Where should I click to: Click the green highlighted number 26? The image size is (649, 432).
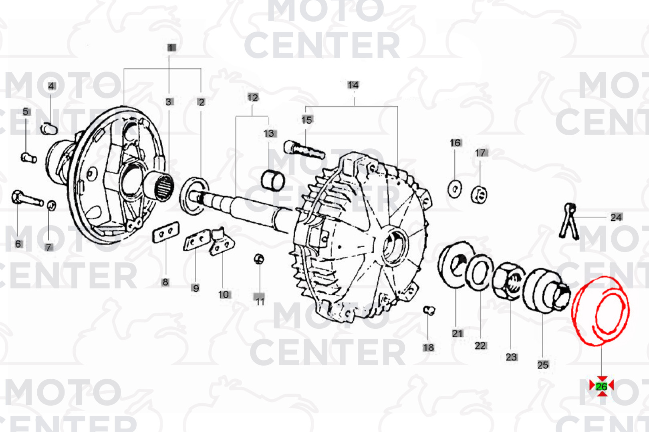pos(601,386)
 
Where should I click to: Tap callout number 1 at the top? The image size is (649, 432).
pos(171,48)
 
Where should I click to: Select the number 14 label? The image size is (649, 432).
pos(353,85)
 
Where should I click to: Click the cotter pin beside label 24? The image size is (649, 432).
pos(569,222)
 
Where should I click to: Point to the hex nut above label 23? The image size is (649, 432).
pos(508,281)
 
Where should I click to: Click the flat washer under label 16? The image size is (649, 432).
pos(455,189)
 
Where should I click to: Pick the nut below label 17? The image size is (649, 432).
pos(479,195)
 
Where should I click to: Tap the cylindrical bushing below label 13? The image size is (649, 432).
pos(273,181)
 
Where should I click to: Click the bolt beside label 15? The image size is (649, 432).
pos(304,150)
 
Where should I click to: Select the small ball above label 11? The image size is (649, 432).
pos(259,259)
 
